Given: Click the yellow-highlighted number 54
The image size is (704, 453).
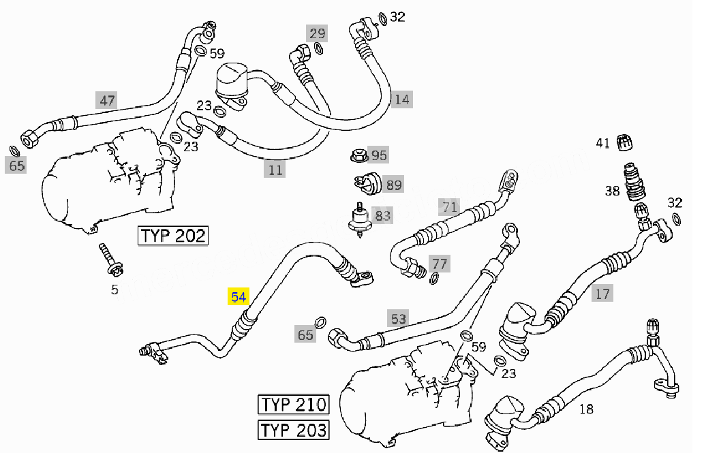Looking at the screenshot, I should point(239,297).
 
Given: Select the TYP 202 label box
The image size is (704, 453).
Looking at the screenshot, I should point(172,236).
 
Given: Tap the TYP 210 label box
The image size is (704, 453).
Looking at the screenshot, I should point(293,404).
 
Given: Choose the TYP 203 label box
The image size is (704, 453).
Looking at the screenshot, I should point(293,430).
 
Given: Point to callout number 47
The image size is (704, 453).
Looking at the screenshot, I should point(107,101).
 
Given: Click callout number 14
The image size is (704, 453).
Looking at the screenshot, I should point(402,99).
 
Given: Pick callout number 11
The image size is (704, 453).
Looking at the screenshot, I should point(275,170).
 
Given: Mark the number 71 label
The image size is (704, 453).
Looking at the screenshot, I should point(448,206).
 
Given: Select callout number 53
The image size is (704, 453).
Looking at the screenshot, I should point(399,318).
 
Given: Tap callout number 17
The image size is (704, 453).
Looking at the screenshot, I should point(602,294).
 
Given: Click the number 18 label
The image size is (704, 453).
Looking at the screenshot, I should point(586,409).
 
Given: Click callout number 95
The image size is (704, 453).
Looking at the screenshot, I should point(379,155).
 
